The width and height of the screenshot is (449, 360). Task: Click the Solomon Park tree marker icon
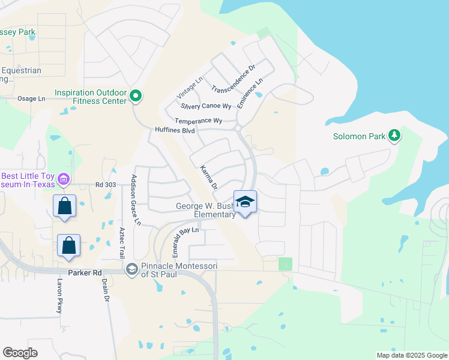pos(394,136)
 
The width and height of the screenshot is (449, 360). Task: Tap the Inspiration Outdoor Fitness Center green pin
pos(136,95)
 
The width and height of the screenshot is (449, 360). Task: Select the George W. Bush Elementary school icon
pos(245,202)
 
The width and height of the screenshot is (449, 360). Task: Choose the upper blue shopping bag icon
pos(64,206)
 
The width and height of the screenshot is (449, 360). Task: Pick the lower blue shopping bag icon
pos(69,245)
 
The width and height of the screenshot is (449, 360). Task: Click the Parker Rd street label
pos(85,273)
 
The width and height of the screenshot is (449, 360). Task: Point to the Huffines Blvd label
pos(175,130)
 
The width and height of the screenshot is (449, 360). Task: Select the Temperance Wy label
pos(198,121)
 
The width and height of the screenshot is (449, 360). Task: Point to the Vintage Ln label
pos(190,89)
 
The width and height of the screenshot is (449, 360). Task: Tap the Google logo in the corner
pos(20,353)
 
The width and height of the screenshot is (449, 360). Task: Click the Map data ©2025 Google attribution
pos(411,355)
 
